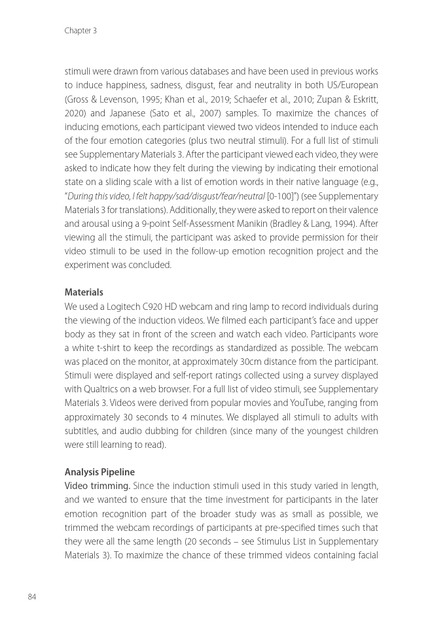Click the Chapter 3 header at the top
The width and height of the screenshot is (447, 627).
(x=80, y=31)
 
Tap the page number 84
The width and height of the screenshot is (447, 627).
(x=31, y=596)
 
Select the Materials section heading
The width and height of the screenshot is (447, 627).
(x=84, y=292)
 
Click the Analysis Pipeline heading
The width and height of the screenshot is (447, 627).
(x=99, y=472)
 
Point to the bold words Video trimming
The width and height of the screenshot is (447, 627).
(x=97, y=486)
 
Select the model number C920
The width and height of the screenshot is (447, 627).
(x=154, y=306)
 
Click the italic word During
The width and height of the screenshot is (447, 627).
(x=84, y=195)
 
